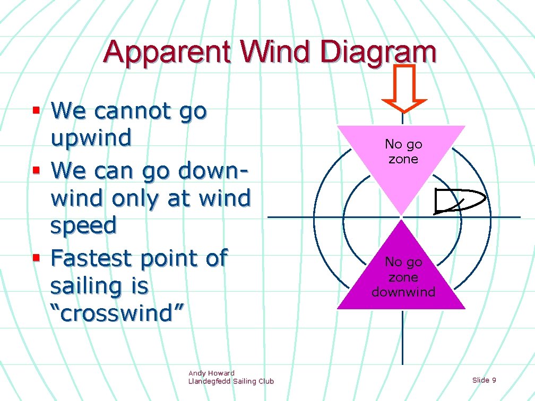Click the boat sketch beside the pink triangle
pos(458,201)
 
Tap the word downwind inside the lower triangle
pos(403,292)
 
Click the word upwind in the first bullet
pos(91,138)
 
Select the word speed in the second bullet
pos(83,225)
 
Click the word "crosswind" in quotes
pos(117,313)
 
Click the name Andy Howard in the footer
pos(211,373)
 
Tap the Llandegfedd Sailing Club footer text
pos(231,381)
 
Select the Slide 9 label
pos(484,380)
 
